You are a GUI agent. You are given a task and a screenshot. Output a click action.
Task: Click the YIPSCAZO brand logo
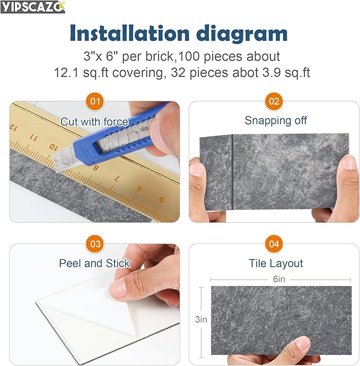coord(33,7)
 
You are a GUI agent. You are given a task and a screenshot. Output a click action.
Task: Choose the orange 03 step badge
coord(95,244)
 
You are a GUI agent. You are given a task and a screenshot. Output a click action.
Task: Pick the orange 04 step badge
coord(274,244)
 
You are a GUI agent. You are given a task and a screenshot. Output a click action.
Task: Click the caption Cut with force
coord(94,122)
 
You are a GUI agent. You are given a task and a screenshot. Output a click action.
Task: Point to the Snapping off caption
coord(276,120)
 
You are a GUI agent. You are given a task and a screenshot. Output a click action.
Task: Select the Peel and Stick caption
coord(94,264)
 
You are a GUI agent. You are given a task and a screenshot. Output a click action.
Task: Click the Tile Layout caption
coord(276,264)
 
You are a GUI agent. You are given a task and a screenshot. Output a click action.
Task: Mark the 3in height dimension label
coord(200,319)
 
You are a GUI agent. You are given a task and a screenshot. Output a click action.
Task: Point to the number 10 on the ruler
coord(53,146)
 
